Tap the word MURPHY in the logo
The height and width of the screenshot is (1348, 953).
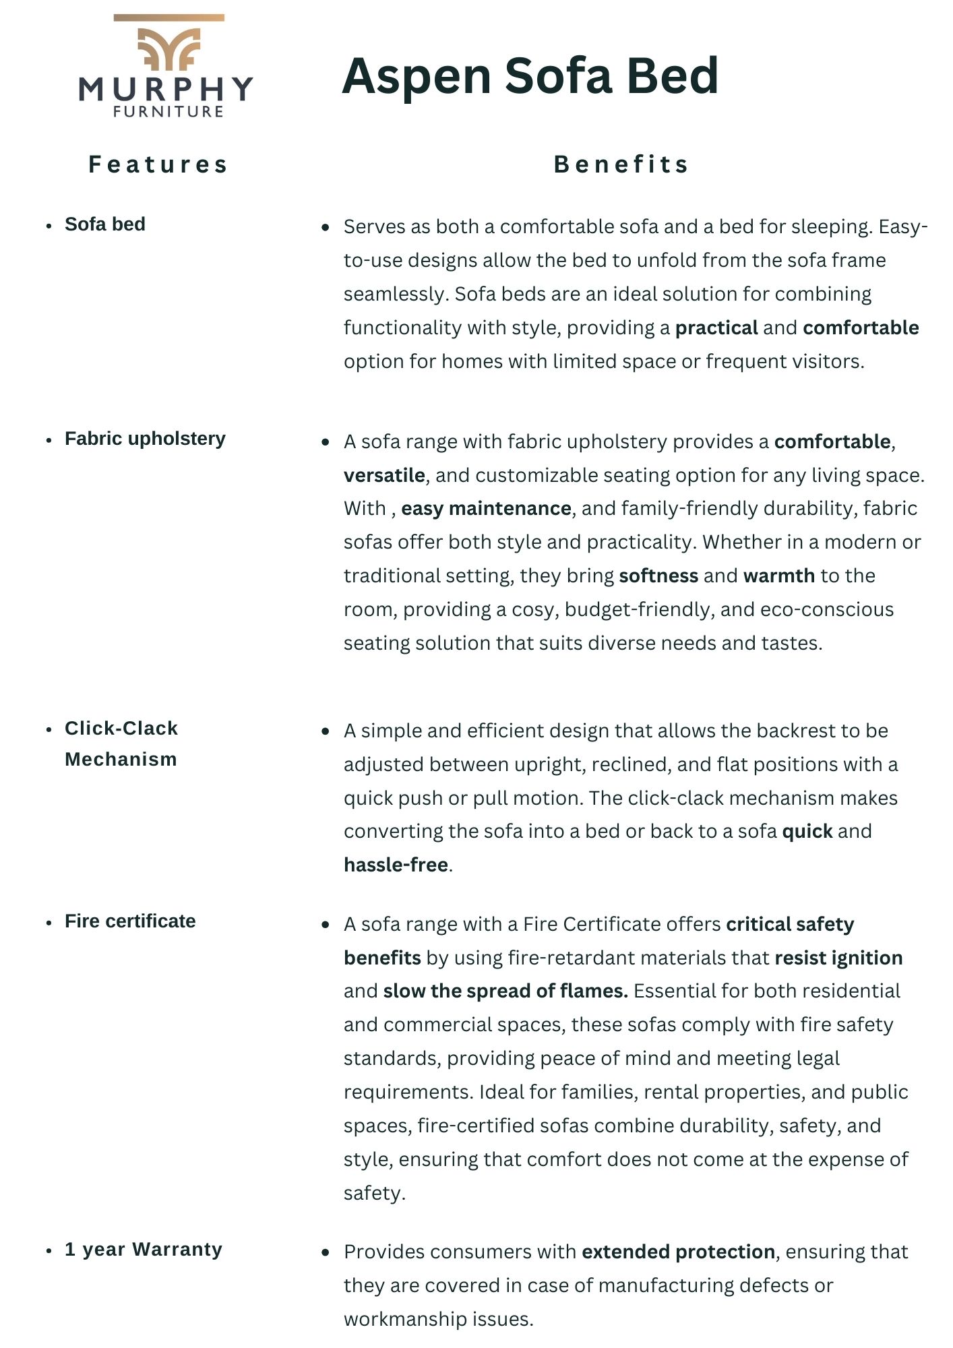[x=166, y=89]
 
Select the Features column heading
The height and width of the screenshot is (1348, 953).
[x=159, y=164]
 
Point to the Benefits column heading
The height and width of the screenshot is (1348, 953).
[x=621, y=164]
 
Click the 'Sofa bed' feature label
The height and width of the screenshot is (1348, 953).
[x=105, y=224]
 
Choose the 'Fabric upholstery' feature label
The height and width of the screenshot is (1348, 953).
[x=145, y=439]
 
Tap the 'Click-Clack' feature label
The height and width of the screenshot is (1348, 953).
[x=121, y=729]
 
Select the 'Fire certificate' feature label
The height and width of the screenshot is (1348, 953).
[x=130, y=921]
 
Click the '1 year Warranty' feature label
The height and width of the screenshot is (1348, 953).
[x=144, y=1250]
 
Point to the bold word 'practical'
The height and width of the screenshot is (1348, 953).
[x=716, y=328]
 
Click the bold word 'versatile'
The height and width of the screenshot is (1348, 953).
[x=384, y=476]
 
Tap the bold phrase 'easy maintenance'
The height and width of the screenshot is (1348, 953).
[x=486, y=509]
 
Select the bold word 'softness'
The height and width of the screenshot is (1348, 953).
[x=658, y=576]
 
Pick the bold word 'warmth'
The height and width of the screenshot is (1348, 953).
[x=779, y=576]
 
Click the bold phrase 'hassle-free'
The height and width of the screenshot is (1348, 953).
[x=396, y=865]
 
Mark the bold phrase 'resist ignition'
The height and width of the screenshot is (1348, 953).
[x=838, y=958]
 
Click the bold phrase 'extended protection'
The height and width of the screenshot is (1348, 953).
[x=678, y=1252]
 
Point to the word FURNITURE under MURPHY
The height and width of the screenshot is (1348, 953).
[x=168, y=112]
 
